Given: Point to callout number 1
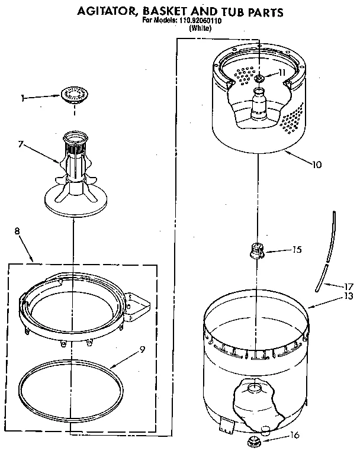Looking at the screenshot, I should [x=22, y=99].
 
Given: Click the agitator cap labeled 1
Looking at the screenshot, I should [x=74, y=93].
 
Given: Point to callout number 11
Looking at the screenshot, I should [x=282, y=72].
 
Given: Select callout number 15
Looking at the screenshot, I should [x=297, y=249].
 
